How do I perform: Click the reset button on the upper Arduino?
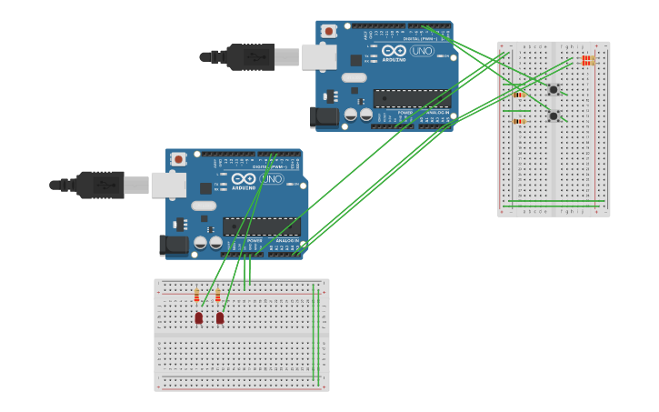point(329,31)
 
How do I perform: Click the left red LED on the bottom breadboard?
point(199,317)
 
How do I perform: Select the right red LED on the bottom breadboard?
point(220,317)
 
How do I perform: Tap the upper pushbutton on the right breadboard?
point(553,89)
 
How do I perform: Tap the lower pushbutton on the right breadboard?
point(553,116)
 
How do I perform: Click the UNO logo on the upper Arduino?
point(422,51)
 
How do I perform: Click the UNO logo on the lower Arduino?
point(272,179)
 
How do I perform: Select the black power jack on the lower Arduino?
point(174,245)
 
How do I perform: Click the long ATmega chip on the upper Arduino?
point(411,98)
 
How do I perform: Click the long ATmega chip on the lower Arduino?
point(261,226)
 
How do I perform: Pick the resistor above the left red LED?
point(196,296)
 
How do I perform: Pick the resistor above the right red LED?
point(218,296)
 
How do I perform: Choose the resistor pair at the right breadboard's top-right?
point(586,61)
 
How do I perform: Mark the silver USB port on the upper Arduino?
point(318,57)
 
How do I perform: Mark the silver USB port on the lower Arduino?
point(168,186)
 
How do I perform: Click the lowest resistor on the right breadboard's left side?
point(519,121)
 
